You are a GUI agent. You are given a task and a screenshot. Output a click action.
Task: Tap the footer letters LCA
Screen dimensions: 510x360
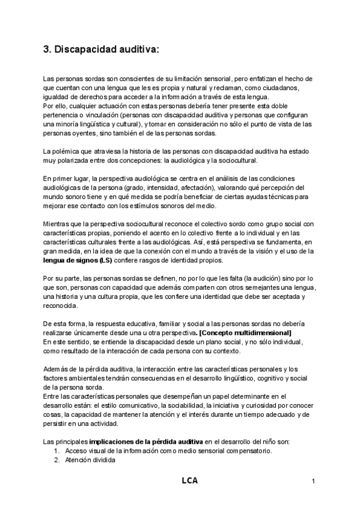[190, 481]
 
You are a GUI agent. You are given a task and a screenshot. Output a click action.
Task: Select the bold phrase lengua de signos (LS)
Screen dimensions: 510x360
[78, 260]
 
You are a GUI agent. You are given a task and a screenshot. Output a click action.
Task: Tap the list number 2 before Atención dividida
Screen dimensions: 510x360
[56, 459]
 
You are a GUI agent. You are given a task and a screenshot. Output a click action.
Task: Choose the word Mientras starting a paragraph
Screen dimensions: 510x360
[58, 224]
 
